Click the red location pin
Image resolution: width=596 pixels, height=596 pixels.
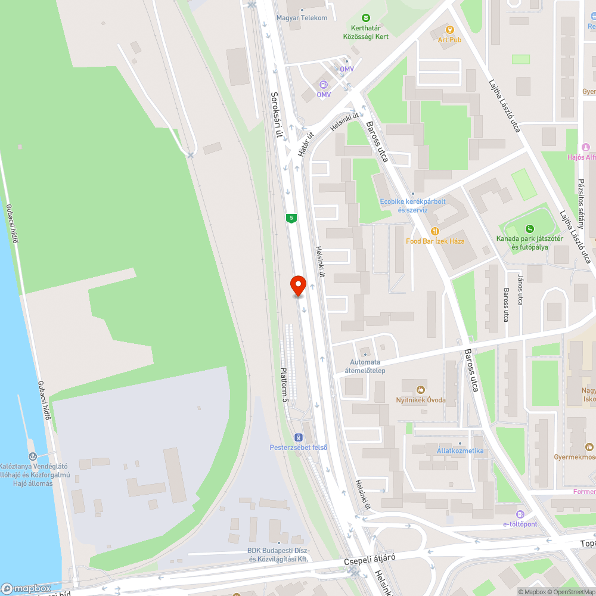click(x=297, y=285)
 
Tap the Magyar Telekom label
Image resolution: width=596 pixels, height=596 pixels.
click(x=302, y=18)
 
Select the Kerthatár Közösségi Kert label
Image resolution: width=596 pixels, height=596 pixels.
click(x=366, y=32)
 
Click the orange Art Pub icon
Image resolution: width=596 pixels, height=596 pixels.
click(x=450, y=29)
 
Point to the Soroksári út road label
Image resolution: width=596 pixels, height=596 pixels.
click(x=276, y=115)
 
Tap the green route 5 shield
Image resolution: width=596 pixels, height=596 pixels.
click(x=291, y=218)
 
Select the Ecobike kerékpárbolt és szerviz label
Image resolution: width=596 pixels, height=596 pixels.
click(x=413, y=206)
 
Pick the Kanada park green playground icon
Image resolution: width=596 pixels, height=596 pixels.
click(x=529, y=229)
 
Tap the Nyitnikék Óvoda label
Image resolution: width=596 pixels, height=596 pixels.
click(x=421, y=399)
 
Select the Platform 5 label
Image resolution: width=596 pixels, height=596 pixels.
click(x=284, y=383)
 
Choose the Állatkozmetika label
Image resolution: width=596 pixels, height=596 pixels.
click(x=460, y=451)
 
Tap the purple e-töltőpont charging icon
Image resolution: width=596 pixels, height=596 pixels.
click(x=520, y=514)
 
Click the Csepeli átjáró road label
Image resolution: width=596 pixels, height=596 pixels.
click(x=370, y=560)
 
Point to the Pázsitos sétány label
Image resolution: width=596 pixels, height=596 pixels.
click(x=582, y=199)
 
